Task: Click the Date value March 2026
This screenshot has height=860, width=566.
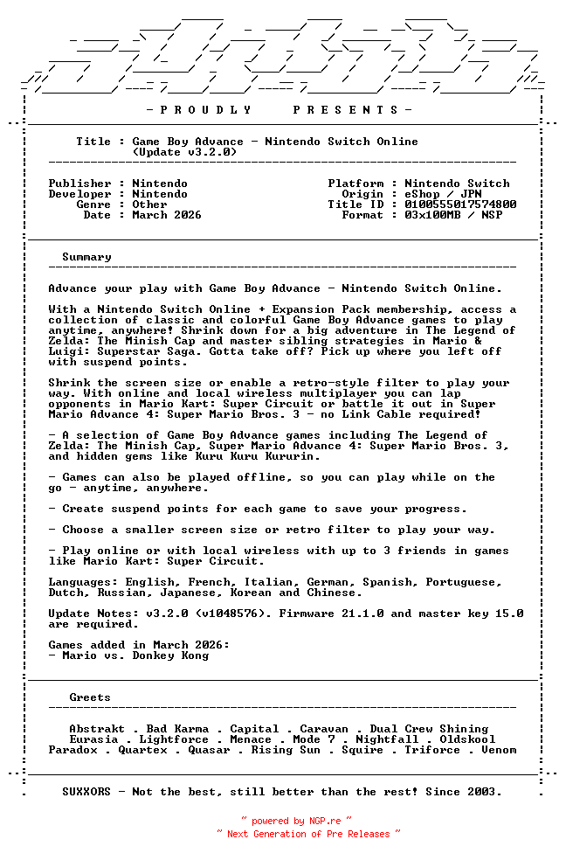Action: coord(167,215)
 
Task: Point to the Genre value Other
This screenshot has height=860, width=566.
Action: coord(149,205)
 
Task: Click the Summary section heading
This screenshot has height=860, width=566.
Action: coord(86,257)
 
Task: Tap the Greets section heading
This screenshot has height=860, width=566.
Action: coord(90,697)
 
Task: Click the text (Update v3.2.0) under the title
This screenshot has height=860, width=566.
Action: coord(184,152)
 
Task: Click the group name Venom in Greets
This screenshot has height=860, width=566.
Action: coord(499,750)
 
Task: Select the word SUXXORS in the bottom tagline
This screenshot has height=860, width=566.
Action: coord(86,792)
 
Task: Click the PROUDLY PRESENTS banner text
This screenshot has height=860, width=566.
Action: coord(280,110)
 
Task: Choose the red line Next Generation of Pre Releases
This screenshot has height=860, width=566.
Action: coord(308,834)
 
